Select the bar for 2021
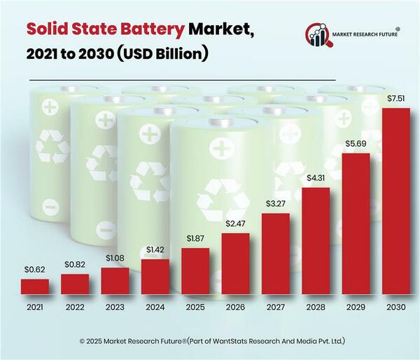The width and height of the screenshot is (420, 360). [35, 286]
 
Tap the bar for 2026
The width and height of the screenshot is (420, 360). [236, 263]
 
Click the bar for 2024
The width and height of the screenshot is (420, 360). [155, 277]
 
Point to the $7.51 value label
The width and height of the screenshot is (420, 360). [396, 99]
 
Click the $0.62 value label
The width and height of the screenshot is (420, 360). [35, 270]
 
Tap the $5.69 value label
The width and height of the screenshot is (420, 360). [356, 144]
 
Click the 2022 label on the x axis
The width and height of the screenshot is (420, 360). [75, 307]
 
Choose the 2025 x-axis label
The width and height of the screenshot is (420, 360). [195, 307]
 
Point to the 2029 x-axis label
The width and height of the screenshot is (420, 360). [356, 307]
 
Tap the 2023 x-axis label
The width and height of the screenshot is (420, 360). [115, 307]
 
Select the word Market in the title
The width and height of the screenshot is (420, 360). [222, 29]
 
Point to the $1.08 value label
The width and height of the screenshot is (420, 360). [115, 258]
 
